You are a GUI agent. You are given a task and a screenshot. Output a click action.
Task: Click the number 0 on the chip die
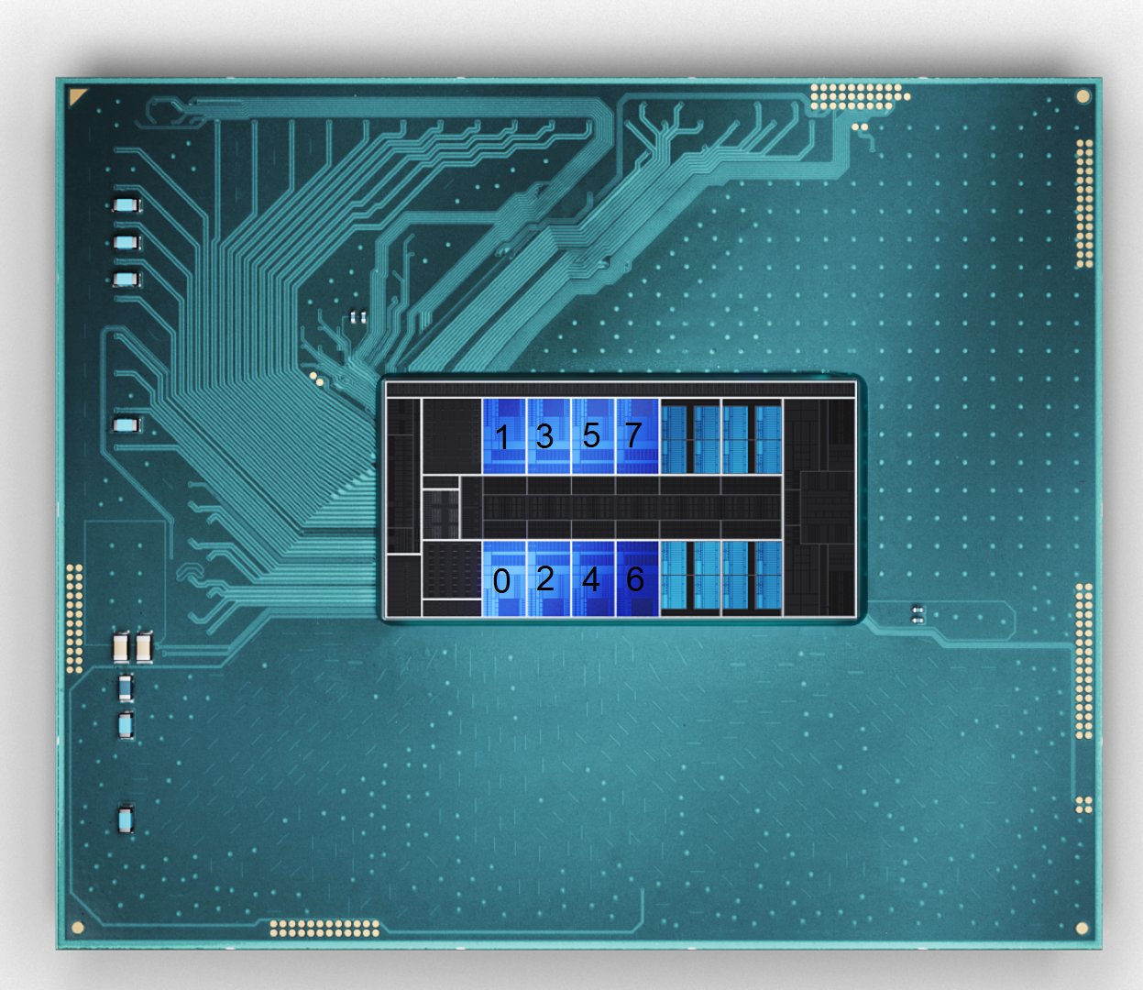501,581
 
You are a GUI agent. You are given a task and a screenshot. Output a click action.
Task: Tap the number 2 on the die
545,579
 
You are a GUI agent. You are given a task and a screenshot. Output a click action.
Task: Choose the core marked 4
591,579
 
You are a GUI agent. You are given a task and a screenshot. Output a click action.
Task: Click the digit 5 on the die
591,435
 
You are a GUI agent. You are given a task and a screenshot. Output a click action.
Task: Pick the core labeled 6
635,579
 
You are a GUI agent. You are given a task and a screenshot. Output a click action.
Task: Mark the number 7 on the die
633,435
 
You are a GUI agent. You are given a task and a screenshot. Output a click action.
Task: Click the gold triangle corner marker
76,95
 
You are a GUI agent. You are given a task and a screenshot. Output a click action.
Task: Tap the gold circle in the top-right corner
1083,97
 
